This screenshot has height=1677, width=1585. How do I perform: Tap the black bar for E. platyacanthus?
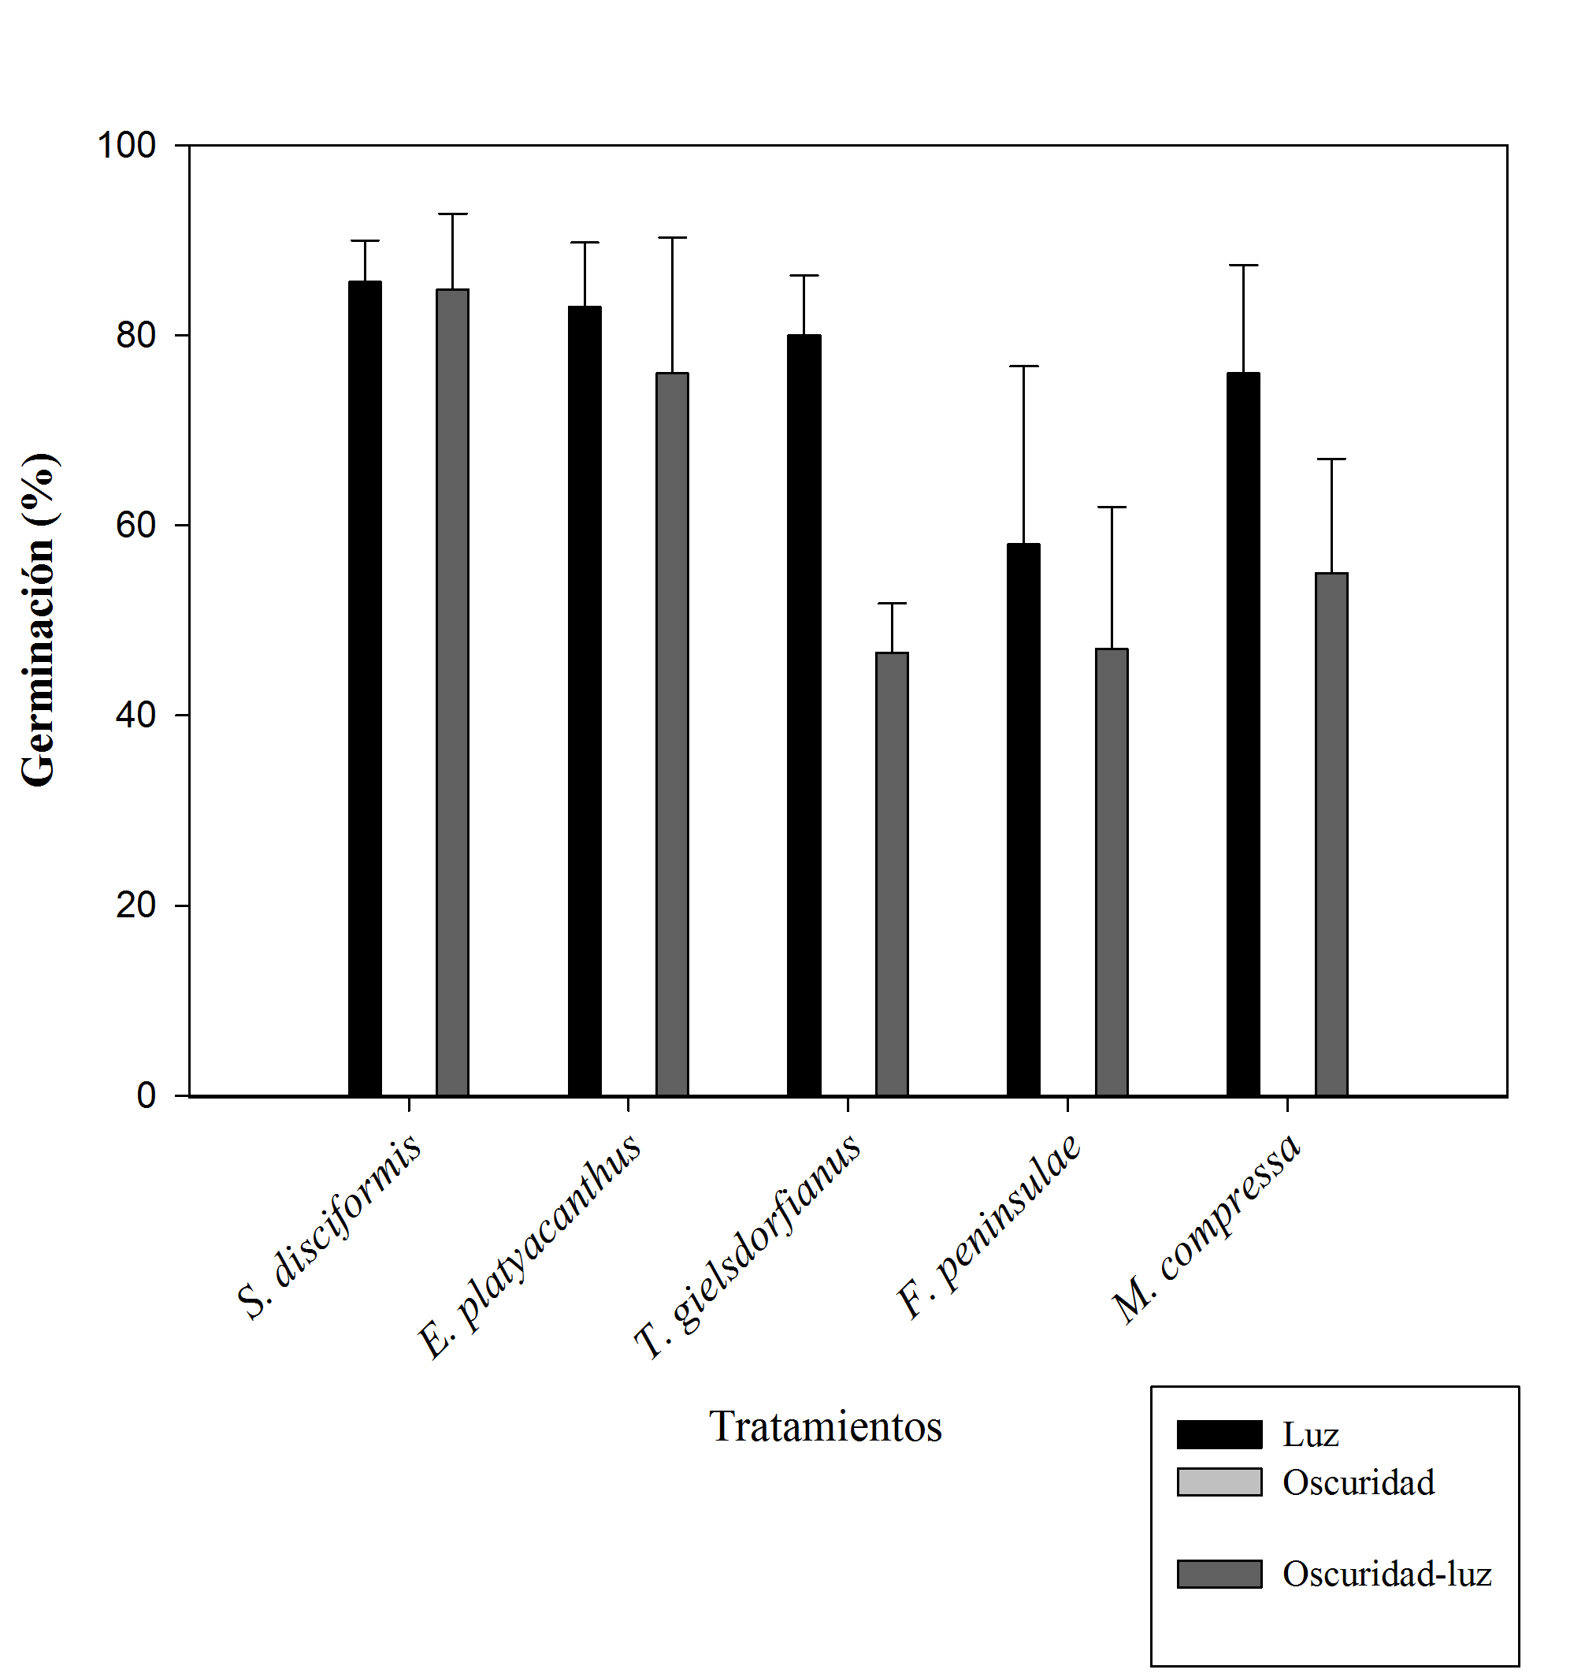tap(585, 701)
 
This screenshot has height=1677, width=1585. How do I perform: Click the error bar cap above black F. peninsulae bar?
tap(1023, 366)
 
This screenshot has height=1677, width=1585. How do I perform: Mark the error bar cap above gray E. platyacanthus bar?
tap(672, 238)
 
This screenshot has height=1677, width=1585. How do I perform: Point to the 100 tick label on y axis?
tap(127, 145)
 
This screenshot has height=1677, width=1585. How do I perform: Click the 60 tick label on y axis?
tap(136, 526)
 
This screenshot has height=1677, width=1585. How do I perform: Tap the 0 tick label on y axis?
tap(147, 1096)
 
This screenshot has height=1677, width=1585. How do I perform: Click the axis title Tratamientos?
tap(826, 1427)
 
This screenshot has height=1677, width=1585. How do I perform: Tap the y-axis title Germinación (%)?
tap(39, 619)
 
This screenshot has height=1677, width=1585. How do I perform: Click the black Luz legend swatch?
tap(1219, 1434)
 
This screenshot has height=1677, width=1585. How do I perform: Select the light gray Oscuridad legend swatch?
tap(1219, 1482)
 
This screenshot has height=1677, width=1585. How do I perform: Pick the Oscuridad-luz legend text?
tap(1386, 1574)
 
